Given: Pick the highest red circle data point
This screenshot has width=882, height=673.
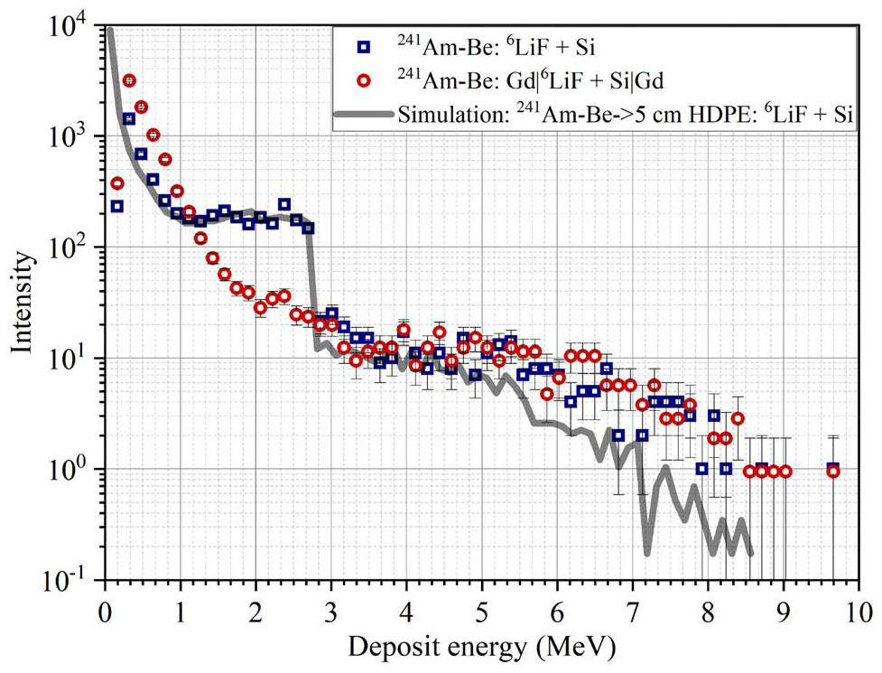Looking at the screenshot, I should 129,81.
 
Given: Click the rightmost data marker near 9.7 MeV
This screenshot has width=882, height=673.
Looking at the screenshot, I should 833,470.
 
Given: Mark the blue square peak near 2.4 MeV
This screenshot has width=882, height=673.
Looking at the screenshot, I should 284,204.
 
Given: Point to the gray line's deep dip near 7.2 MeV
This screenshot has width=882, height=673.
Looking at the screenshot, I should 647,551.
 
